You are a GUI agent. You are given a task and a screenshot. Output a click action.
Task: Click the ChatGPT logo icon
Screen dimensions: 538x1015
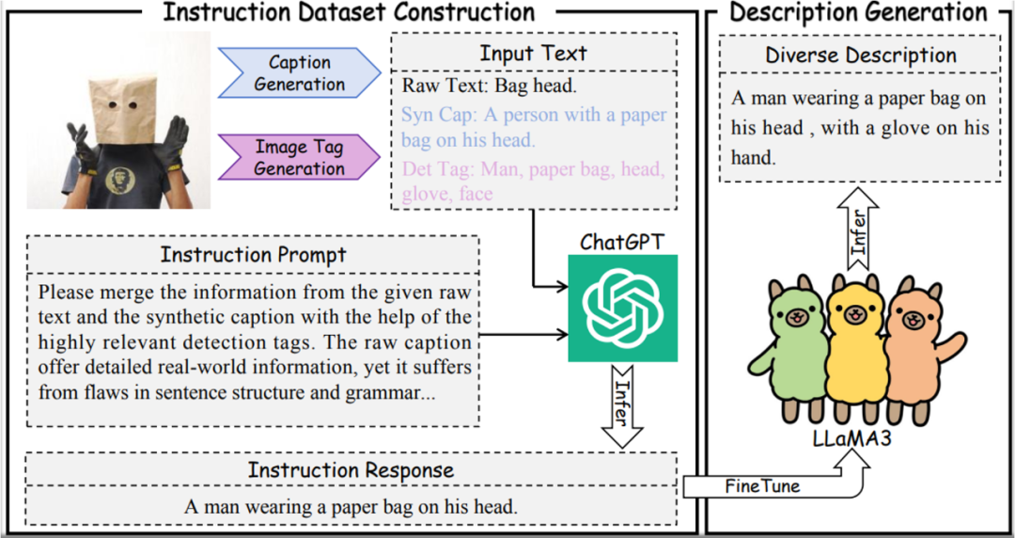coord(622,309)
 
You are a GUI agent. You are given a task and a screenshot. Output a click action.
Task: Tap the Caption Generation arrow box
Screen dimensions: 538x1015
coord(300,73)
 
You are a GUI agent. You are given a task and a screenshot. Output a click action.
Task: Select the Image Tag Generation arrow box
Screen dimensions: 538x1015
coord(299,157)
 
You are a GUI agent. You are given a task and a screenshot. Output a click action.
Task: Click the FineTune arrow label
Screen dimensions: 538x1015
coord(762,486)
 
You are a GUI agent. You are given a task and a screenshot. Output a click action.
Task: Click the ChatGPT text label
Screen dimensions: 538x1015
coord(621,243)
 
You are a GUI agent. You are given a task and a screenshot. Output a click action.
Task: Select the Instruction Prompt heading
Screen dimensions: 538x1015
coord(254,255)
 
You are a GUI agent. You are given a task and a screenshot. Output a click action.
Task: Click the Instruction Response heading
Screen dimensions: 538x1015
coord(351,470)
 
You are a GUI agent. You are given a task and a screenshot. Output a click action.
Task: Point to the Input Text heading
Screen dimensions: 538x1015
coord(533,53)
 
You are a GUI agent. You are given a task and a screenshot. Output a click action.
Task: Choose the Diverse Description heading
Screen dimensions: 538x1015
coord(861,55)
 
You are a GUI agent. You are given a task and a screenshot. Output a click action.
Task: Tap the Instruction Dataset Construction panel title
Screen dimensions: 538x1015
coord(349,12)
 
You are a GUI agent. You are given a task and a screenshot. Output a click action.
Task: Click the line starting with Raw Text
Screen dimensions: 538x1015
coord(490,87)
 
